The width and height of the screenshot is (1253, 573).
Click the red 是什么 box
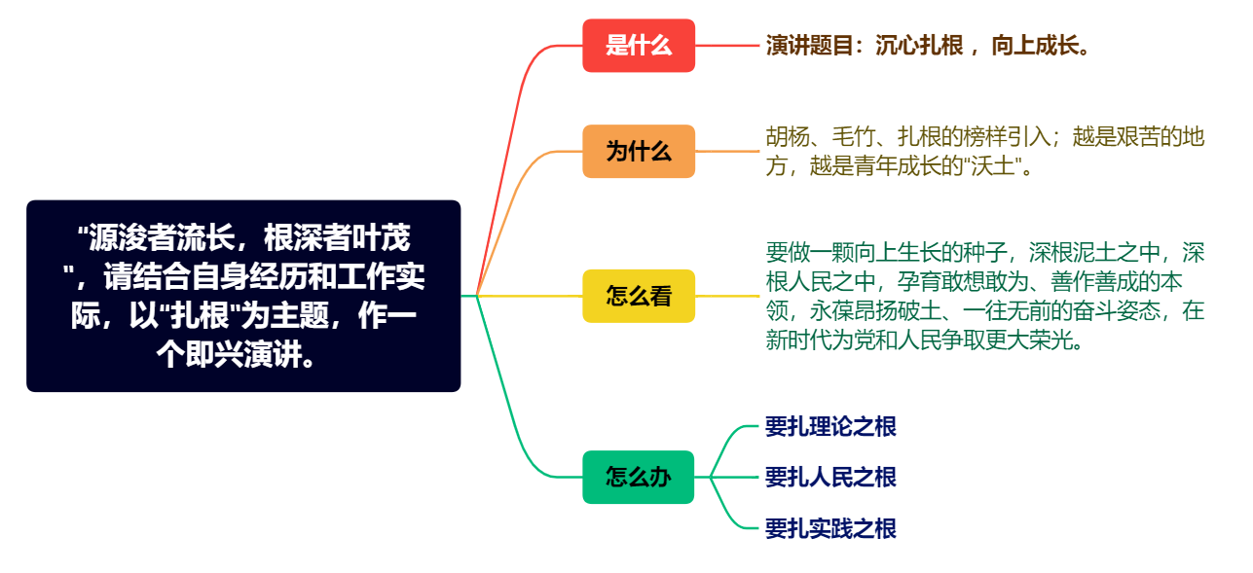(639, 46)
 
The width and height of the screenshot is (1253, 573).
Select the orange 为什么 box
(639, 152)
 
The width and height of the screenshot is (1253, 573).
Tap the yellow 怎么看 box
(639, 296)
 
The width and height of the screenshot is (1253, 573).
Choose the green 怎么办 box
(639, 478)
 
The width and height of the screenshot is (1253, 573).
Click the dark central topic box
(243, 296)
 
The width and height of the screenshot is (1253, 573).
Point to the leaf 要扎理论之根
(830, 426)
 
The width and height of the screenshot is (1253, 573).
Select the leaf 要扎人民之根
(830, 478)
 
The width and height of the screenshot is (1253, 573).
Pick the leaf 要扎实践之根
(830, 529)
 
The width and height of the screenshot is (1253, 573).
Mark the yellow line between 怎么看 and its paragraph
(728, 296)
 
